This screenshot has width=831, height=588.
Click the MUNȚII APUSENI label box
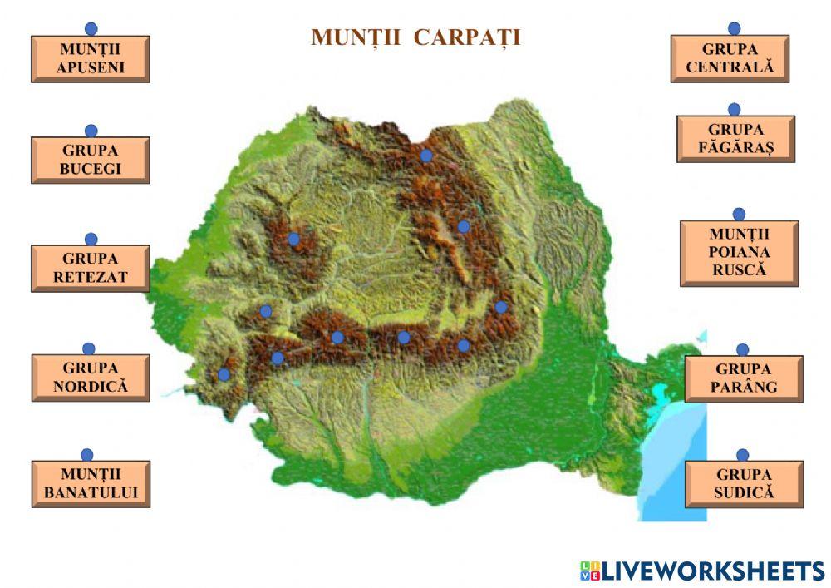(x=91, y=59)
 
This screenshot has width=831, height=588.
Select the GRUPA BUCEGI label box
(x=91, y=160)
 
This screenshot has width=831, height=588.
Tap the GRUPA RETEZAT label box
(x=91, y=268)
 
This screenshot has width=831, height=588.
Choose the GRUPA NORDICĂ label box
(x=91, y=378)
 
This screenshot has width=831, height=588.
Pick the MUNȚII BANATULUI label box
(x=91, y=484)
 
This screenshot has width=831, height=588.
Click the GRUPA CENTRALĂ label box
(x=730, y=58)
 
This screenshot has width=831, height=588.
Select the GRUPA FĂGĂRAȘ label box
(x=735, y=139)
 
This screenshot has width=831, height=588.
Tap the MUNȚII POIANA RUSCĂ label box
(x=739, y=253)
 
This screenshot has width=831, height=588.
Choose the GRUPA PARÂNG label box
(x=744, y=378)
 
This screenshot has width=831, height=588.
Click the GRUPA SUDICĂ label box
(x=744, y=484)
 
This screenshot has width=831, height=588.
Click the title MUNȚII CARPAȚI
(x=415, y=37)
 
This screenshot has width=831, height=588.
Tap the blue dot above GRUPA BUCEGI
(x=91, y=131)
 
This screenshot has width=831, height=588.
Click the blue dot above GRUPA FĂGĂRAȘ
(x=735, y=109)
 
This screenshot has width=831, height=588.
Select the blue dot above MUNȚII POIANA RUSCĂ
(x=739, y=214)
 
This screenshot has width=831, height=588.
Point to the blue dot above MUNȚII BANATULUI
(x=87, y=455)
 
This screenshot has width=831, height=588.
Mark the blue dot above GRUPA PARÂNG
(x=743, y=349)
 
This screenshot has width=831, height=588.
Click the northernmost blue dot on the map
(x=426, y=155)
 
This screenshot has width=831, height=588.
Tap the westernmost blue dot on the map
(x=224, y=374)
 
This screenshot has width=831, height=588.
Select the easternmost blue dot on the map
(x=501, y=307)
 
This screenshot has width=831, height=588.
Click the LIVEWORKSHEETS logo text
(x=703, y=571)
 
